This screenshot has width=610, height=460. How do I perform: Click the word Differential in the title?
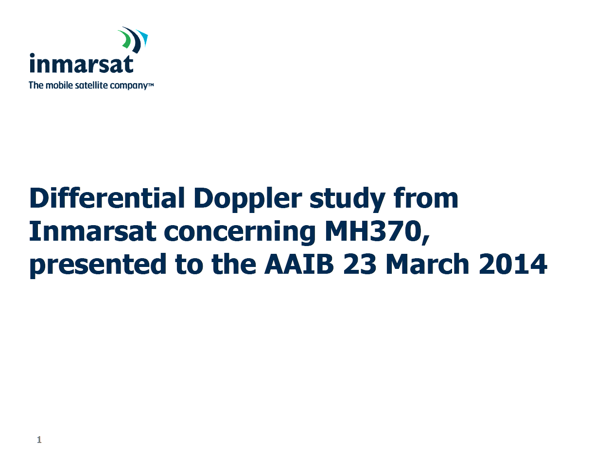107,197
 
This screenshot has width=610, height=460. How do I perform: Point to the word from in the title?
426,197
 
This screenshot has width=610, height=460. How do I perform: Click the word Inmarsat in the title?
92,230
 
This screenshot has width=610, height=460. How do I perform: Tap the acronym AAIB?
299,264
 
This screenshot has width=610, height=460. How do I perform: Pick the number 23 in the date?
360,264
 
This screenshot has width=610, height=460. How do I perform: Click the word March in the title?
428,264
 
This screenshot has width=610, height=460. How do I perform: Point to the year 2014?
513,264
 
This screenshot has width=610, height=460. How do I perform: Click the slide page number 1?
39,440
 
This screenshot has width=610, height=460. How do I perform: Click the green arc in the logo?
125,38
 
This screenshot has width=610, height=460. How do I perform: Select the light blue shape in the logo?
142,38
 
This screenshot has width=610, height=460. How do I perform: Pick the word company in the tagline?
128,86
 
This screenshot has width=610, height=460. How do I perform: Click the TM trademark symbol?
150,83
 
